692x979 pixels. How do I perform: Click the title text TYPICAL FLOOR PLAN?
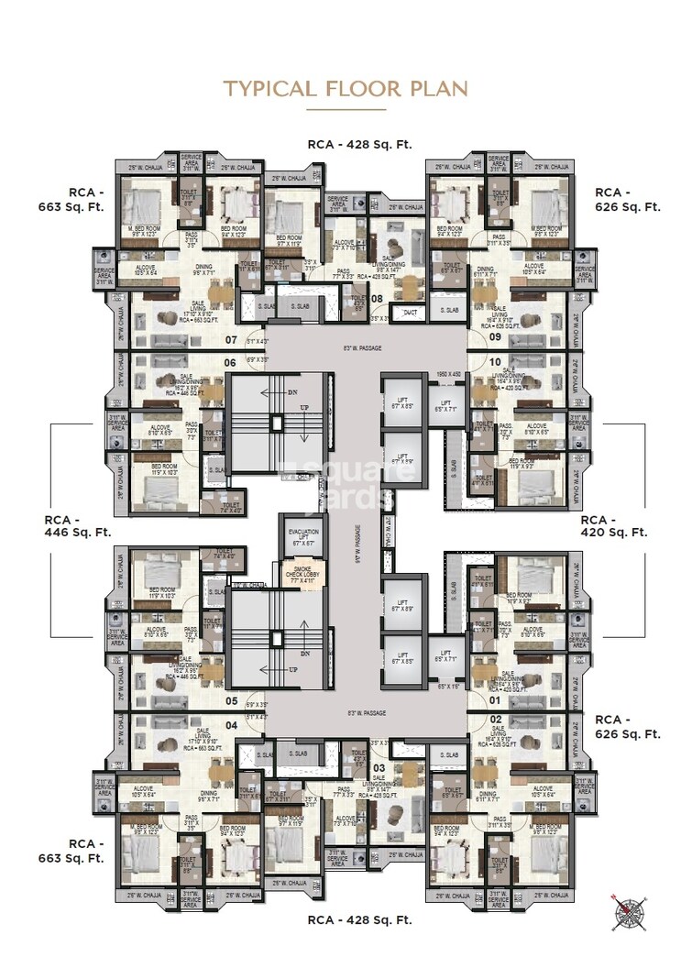(346, 88)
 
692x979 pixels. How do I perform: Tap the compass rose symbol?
(626, 910)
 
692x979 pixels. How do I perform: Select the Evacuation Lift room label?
(302, 536)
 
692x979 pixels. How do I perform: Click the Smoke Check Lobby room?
(302, 573)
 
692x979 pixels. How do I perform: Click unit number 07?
(230, 338)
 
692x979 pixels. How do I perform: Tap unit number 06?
(230, 362)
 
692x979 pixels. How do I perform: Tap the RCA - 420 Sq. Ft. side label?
(614, 524)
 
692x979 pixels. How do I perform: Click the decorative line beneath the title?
(346, 110)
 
